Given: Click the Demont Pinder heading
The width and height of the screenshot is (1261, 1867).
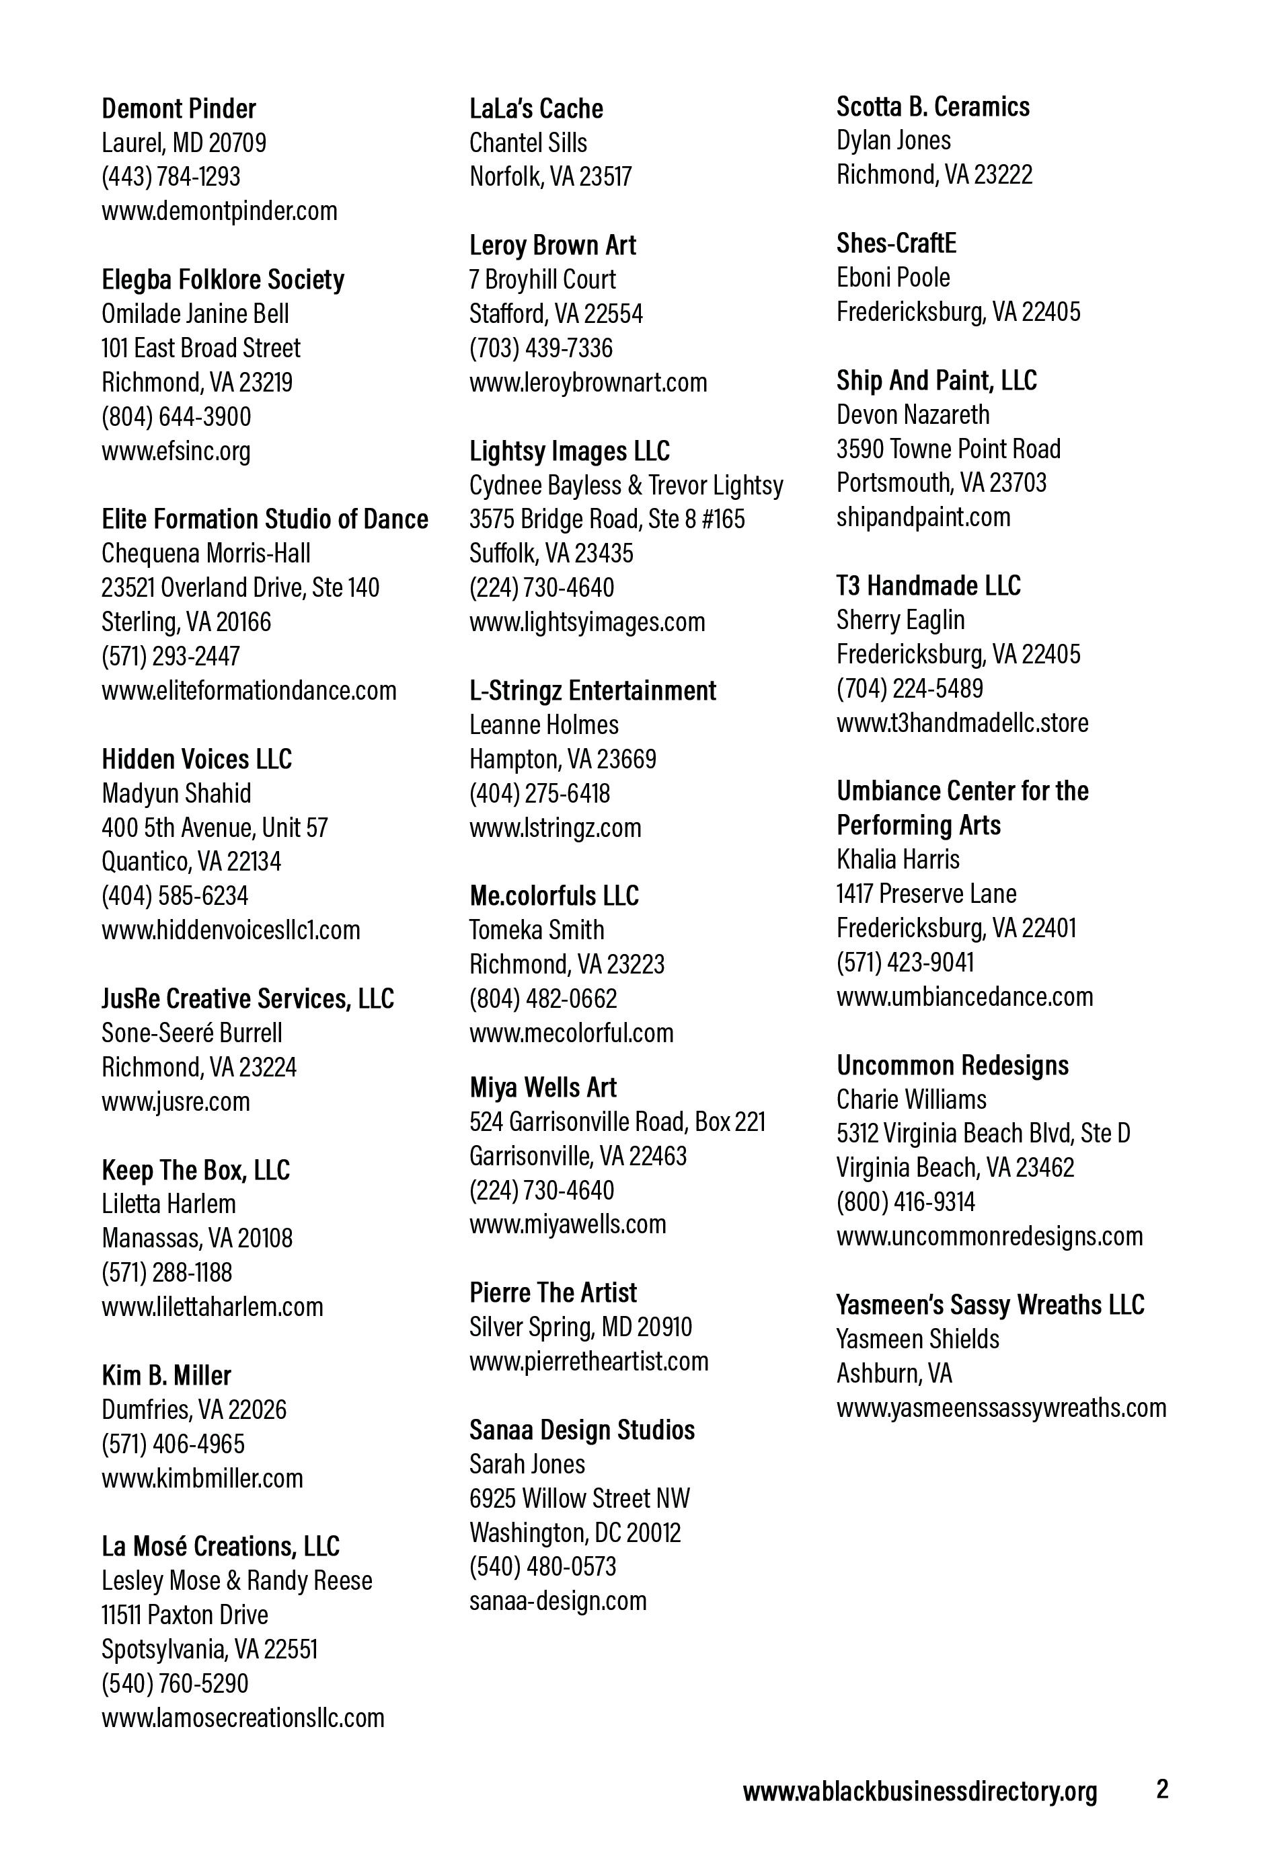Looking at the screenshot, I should pos(178,108).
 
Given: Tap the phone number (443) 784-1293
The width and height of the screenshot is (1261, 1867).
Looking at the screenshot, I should pos(170,177).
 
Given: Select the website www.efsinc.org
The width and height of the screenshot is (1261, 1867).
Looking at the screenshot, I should pos(176,451).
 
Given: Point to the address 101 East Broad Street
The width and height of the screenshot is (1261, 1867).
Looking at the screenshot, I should pos(201,348).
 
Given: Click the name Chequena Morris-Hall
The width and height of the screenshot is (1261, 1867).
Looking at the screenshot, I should pos(206,553).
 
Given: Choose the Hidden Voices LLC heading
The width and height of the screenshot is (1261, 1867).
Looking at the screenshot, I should pos(197,759).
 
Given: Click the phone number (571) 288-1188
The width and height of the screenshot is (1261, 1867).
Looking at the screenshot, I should pos(166,1272).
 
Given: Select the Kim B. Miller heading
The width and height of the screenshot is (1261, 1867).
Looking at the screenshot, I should pos(166,1375).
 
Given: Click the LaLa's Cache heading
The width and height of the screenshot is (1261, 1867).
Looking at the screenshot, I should pos(536,108).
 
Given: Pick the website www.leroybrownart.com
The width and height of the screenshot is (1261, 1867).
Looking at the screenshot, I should pos(588,381).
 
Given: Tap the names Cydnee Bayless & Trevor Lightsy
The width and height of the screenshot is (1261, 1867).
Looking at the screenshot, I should pos(625,485).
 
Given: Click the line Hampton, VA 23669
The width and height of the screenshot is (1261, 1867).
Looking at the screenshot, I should pos(562,758).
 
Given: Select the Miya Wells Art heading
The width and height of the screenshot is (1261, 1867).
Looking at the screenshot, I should pos(543,1087).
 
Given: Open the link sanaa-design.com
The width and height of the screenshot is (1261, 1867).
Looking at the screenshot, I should pos(558,1601).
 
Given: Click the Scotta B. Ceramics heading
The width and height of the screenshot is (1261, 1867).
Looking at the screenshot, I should pos(933,106).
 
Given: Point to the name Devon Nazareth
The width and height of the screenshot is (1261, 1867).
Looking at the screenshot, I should pos(913,414).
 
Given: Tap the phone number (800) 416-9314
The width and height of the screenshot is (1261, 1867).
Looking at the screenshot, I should pos(905,1202).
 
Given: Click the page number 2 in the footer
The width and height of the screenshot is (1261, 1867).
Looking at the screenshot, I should pos(1161,1789).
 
